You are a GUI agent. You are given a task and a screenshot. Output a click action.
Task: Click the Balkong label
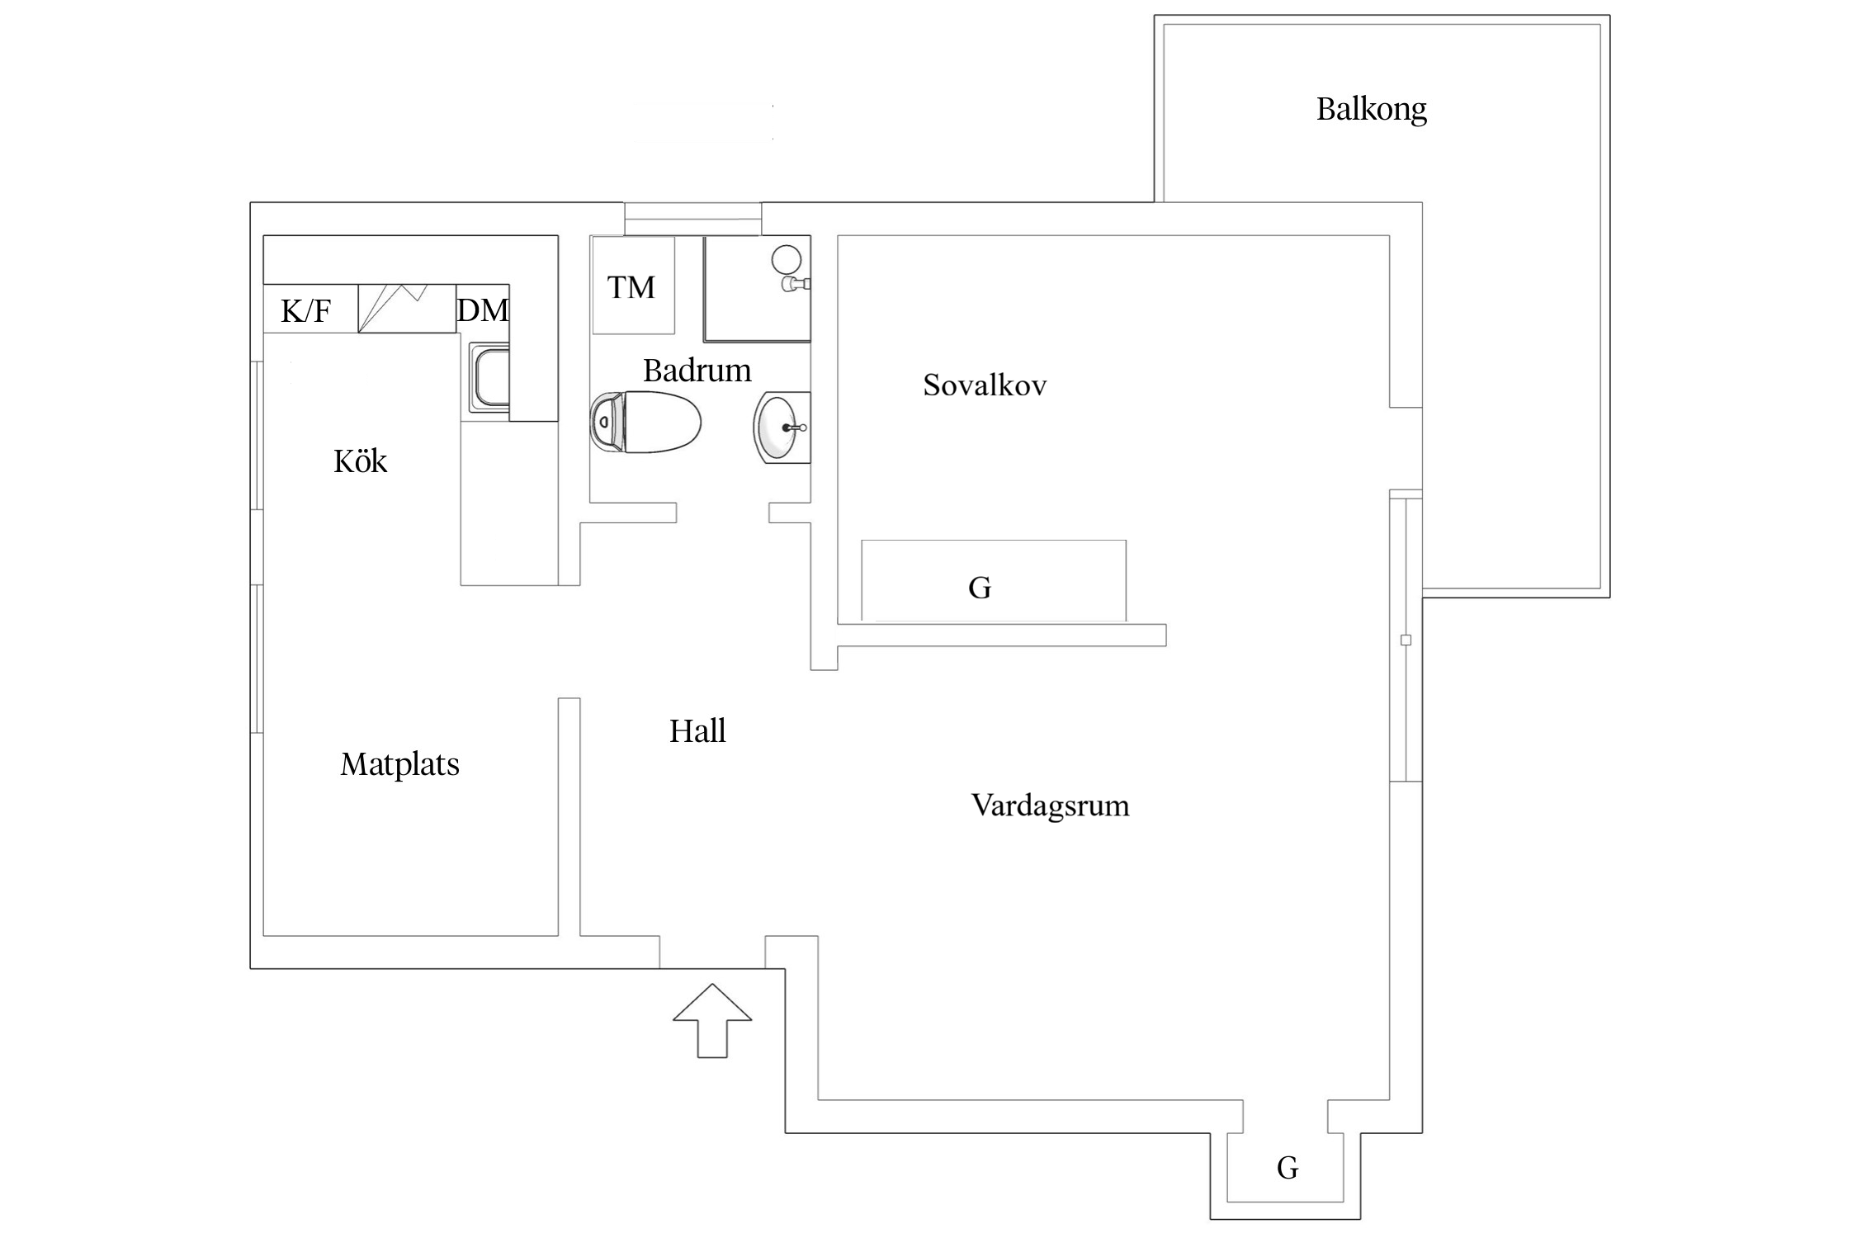click(x=1371, y=109)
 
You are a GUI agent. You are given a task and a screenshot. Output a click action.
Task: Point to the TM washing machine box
click(x=633, y=286)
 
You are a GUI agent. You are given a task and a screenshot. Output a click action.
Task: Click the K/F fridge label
click(x=306, y=311)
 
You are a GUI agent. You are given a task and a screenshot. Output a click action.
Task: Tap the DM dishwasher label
click(x=482, y=309)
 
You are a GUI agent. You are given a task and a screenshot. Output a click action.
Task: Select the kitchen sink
click(x=489, y=378)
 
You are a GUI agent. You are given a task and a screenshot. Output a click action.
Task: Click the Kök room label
click(x=360, y=461)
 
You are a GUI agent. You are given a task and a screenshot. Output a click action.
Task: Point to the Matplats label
click(x=399, y=764)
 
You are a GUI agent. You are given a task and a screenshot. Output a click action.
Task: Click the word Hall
click(x=697, y=731)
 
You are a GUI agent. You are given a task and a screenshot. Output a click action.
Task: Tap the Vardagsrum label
click(x=1050, y=805)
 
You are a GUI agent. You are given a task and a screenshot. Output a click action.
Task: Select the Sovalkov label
click(x=984, y=385)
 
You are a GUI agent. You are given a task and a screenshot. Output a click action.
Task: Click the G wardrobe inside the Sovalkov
click(x=980, y=588)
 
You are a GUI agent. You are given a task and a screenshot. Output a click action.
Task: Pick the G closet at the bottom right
click(x=1287, y=1168)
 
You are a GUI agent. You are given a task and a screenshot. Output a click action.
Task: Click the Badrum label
click(x=697, y=371)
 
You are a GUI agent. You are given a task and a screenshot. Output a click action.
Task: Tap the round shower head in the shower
click(x=787, y=260)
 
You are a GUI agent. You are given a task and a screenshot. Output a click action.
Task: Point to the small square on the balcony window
click(x=1406, y=640)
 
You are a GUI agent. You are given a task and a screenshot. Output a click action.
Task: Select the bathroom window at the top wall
click(x=692, y=219)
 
